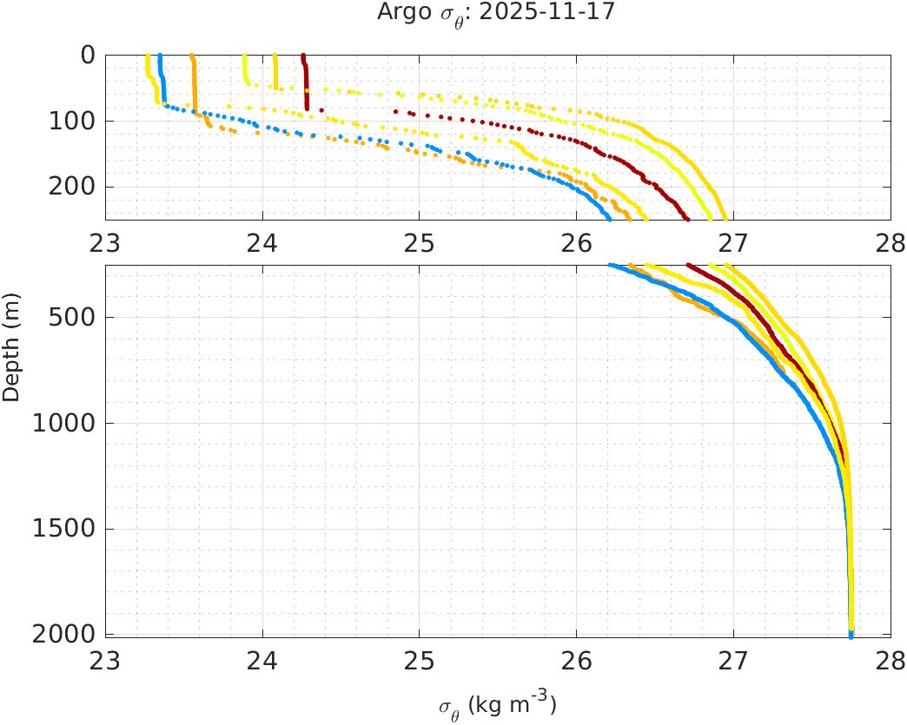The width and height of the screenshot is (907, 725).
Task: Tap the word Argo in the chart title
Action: tap(398, 12)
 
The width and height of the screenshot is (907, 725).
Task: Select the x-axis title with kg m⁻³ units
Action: tap(497, 705)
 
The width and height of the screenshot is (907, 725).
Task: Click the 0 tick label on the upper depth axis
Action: tap(87, 56)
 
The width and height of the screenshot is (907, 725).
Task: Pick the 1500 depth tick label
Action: tap(63, 529)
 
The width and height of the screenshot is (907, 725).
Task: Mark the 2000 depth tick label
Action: tap(63, 635)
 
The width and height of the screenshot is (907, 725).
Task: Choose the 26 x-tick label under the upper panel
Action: tap(577, 244)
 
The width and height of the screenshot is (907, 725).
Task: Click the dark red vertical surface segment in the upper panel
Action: tap(306, 82)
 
